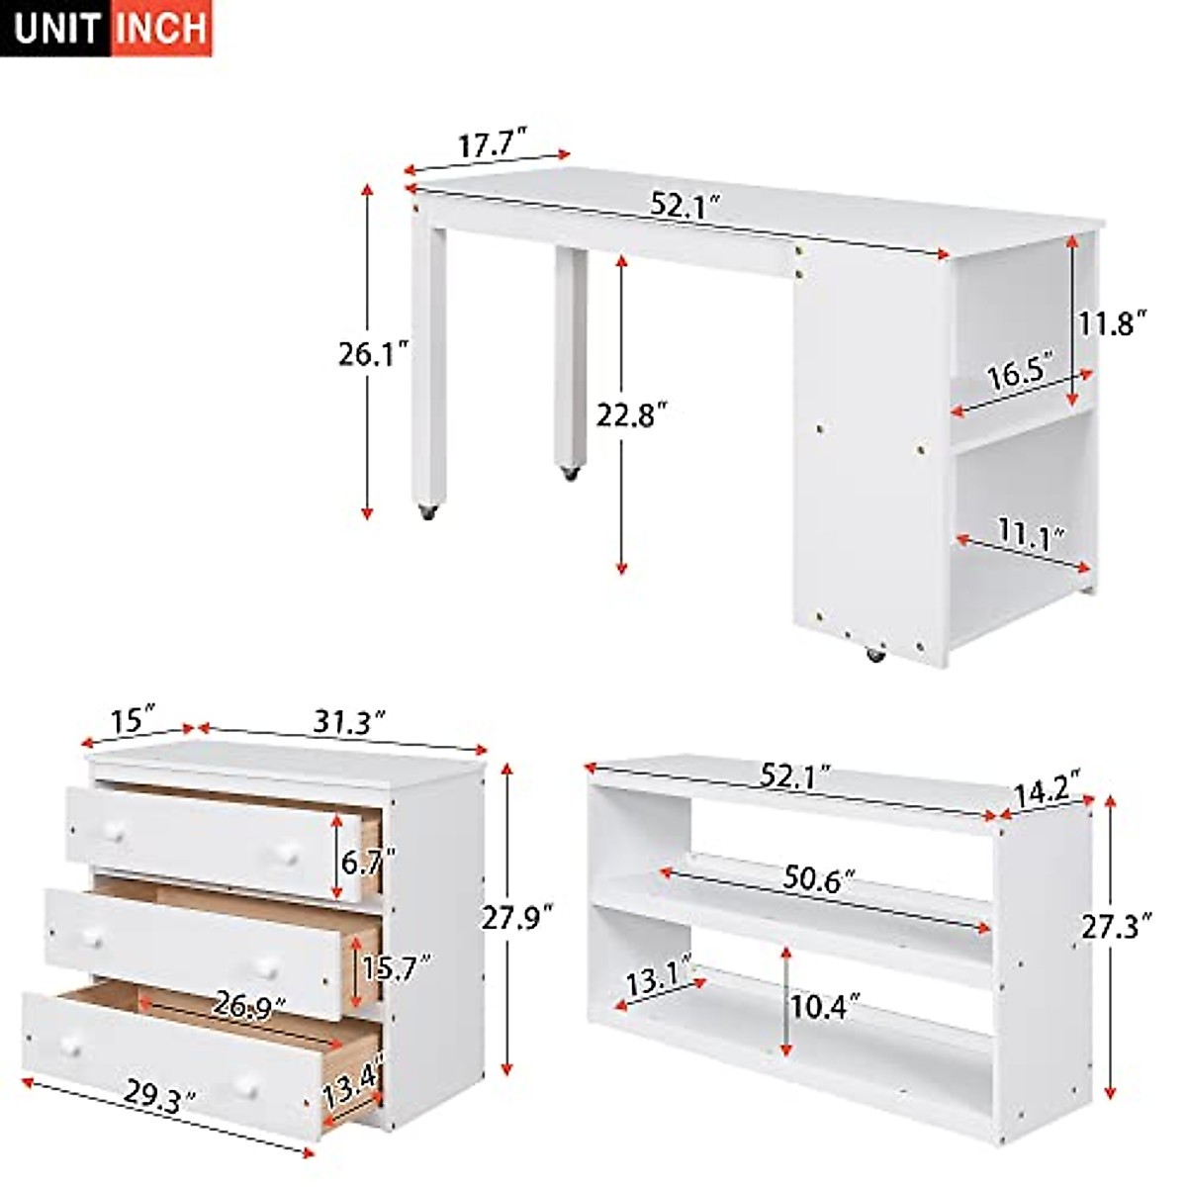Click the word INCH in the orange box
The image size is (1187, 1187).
coord(161,28)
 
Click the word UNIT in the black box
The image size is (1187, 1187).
coord(57,28)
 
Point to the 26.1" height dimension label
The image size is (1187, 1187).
coord(373,353)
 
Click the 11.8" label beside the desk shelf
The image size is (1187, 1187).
coord(1112,322)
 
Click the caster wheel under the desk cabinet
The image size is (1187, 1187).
coord(873,654)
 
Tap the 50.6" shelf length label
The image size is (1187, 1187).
coord(819,877)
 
